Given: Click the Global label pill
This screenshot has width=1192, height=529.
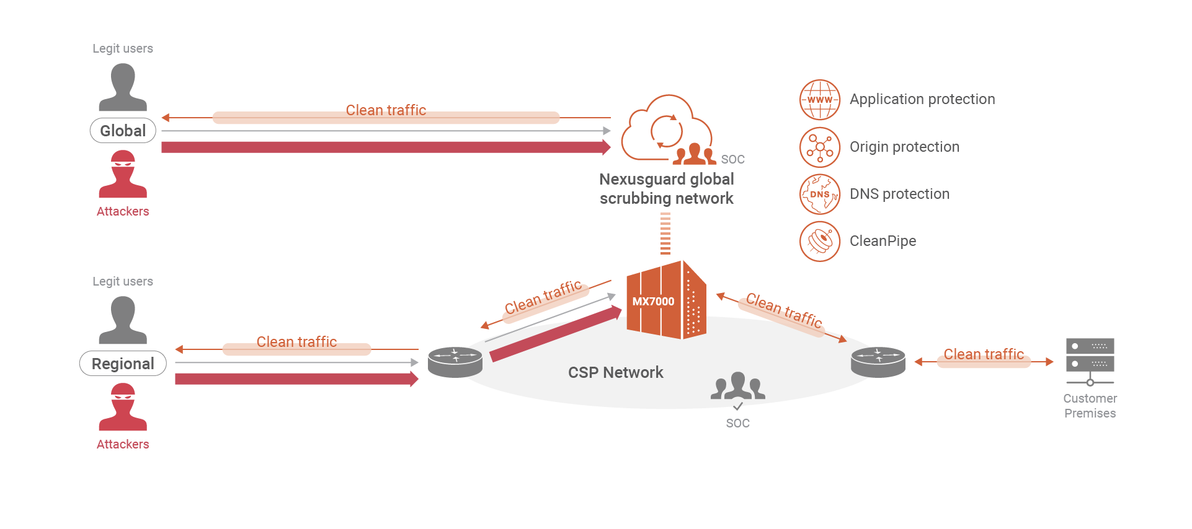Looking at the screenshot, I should (123, 131).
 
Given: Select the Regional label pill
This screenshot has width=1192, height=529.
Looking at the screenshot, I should (123, 364).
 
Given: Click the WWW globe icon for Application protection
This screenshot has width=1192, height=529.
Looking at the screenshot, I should (819, 100).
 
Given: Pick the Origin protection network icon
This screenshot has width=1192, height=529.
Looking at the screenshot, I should (819, 147).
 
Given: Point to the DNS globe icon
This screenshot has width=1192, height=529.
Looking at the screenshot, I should (819, 195).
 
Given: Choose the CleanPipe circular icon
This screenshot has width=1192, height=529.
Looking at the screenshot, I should (819, 242).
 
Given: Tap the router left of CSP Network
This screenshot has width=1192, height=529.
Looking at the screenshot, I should (455, 362).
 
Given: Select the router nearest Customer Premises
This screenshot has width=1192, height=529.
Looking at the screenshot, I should (878, 362).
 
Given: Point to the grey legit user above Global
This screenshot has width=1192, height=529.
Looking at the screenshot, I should (123, 87).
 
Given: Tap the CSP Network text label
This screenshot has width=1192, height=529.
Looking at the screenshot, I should (615, 372).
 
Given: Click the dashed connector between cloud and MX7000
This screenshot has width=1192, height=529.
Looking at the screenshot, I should (665, 234).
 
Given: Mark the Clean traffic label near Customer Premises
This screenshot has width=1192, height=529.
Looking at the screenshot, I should (984, 354).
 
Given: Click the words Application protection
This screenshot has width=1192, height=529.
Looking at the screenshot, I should (922, 100).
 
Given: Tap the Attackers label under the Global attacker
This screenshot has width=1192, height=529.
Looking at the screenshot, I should (123, 211).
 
